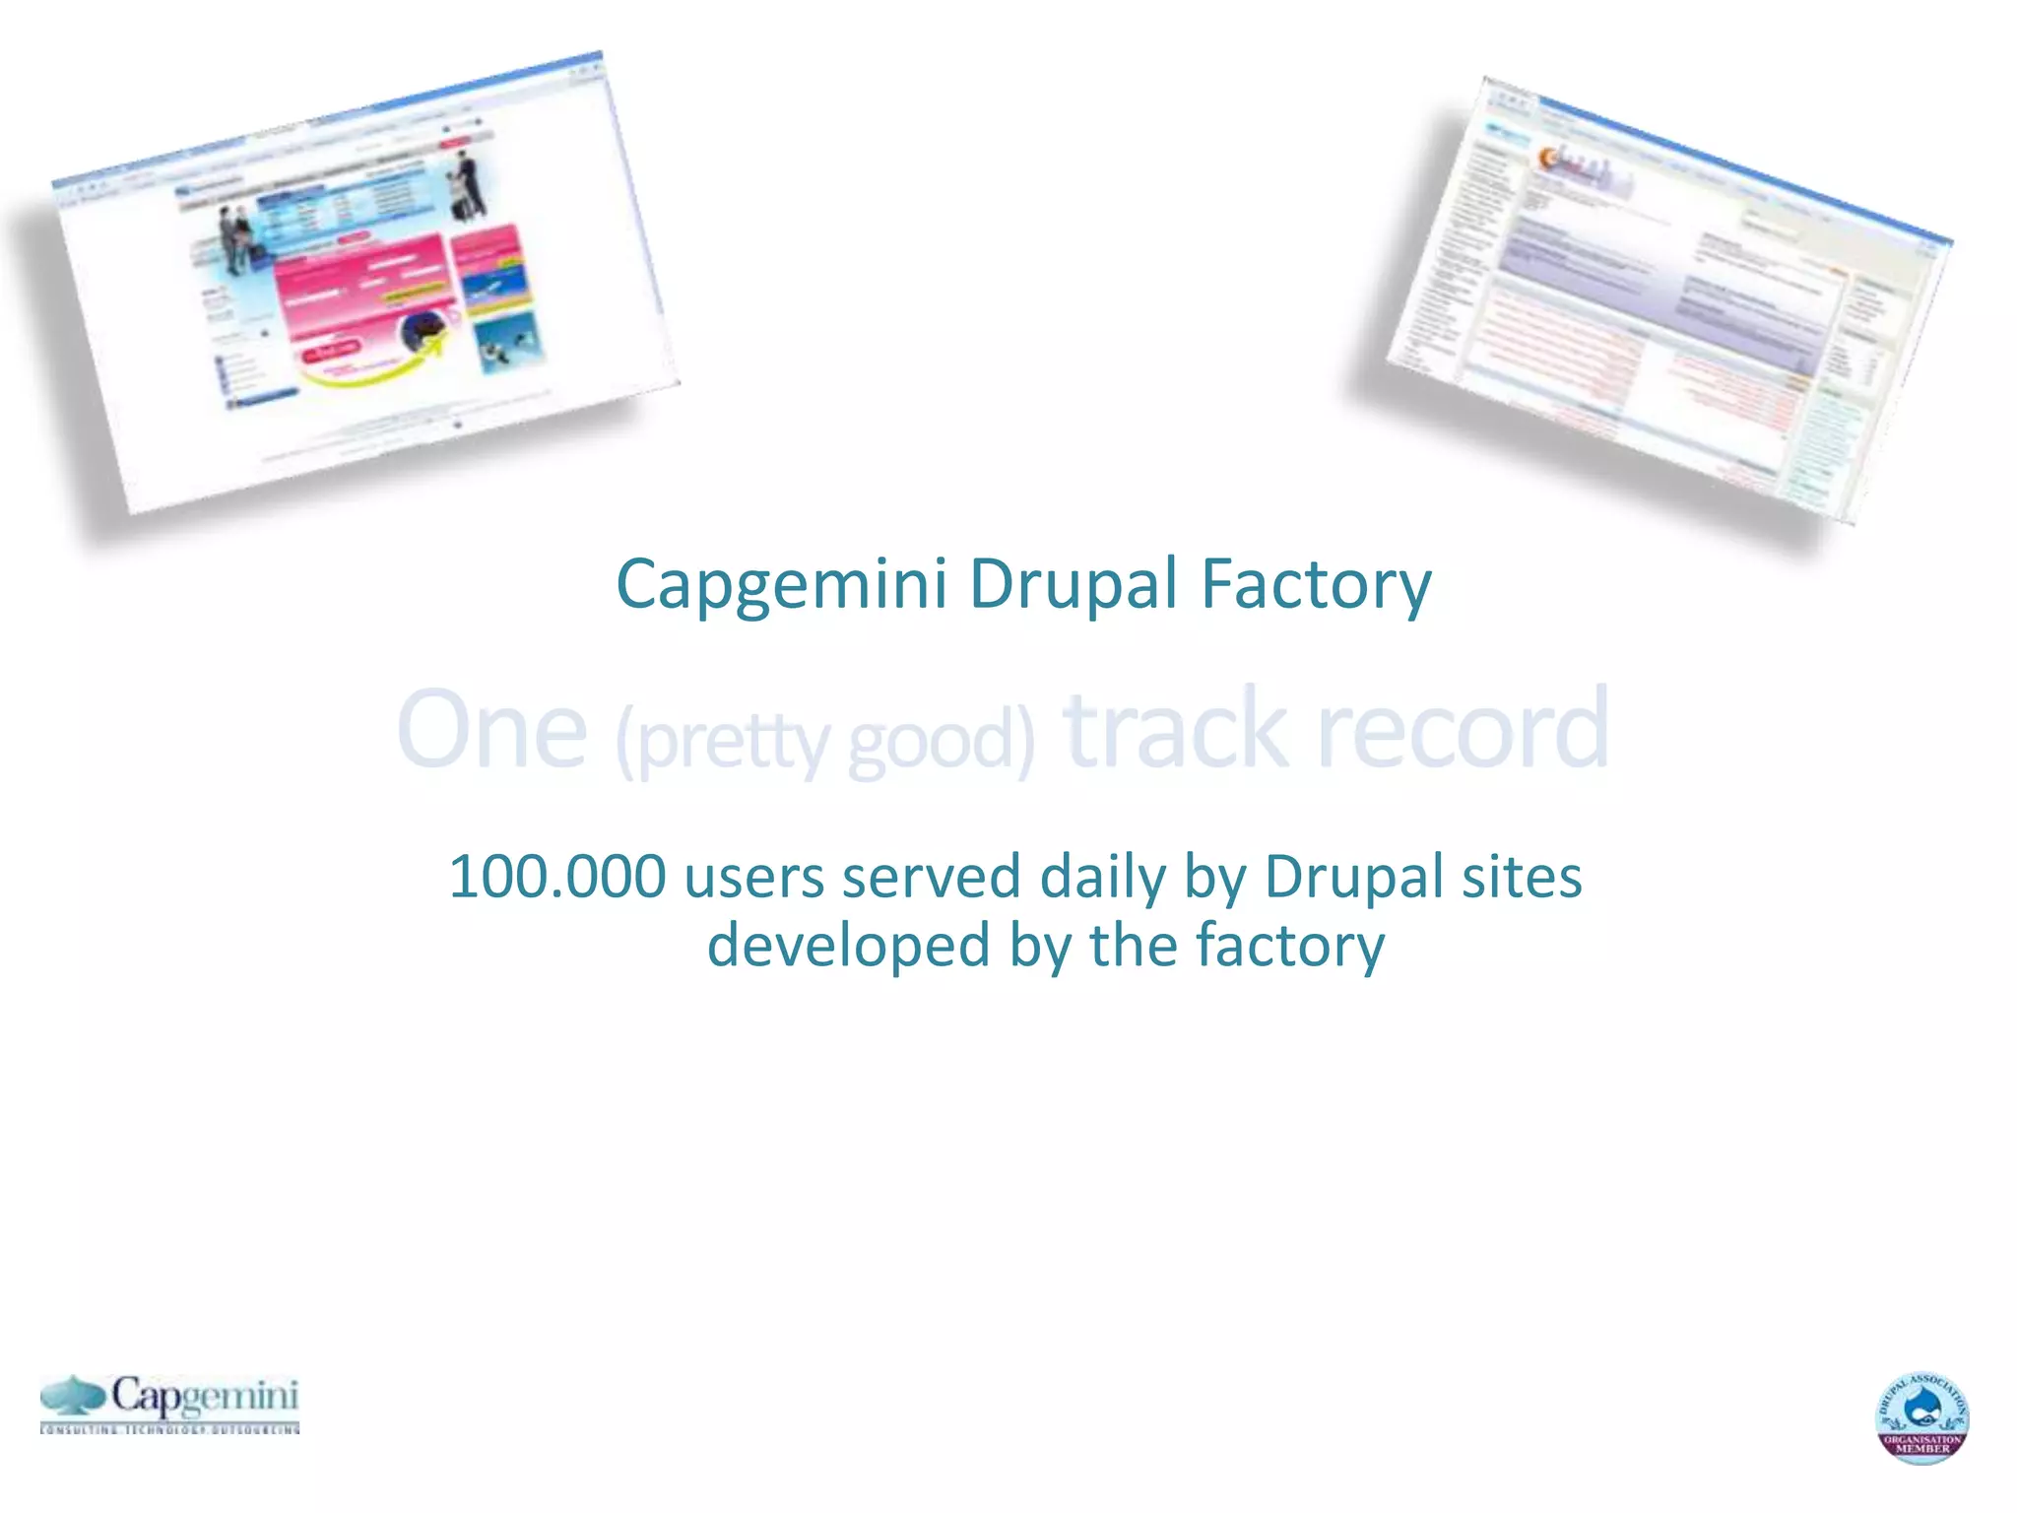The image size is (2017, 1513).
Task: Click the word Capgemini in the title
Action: pos(781,585)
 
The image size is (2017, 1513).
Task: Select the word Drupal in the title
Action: pos(1074,585)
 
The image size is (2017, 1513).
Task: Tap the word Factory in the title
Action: pos(1316,585)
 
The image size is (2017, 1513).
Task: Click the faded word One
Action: pos(491,730)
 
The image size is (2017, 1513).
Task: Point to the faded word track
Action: pos(1176,730)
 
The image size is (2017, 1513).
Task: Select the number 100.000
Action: pos(557,877)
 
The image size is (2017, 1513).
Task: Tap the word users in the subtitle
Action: pos(753,877)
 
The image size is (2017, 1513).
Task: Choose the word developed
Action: pos(848,946)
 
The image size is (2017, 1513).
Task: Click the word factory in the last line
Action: pos(1290,946)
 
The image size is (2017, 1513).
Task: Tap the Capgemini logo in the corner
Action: pos(170,1403)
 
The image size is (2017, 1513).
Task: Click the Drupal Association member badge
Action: pos(1921,1417)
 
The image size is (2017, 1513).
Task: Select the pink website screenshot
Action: pos(364,286)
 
